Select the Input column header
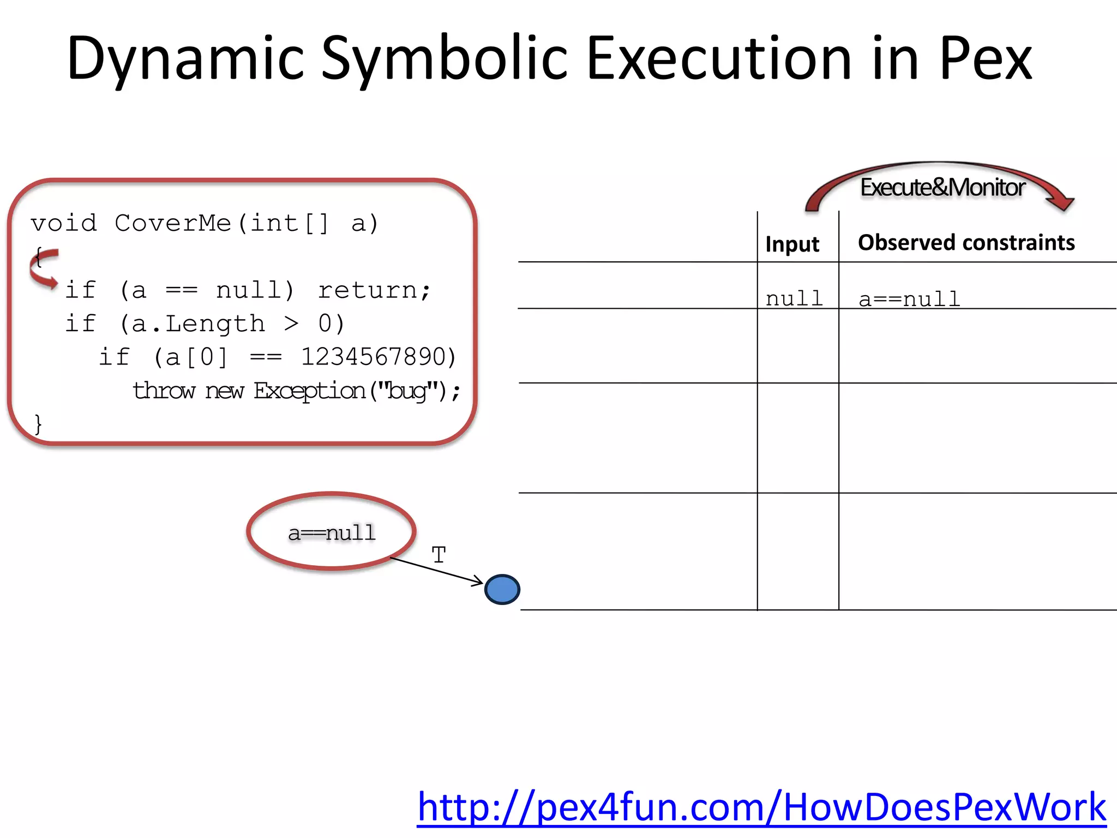792,244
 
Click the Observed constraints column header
966,242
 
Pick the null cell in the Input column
794,298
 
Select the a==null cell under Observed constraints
909,299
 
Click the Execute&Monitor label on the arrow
942,187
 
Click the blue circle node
502,589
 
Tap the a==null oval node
332,532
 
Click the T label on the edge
439,555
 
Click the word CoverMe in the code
173,223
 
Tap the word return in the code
369,290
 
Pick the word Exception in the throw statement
309,391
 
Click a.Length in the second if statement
199,324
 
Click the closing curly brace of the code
38,424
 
